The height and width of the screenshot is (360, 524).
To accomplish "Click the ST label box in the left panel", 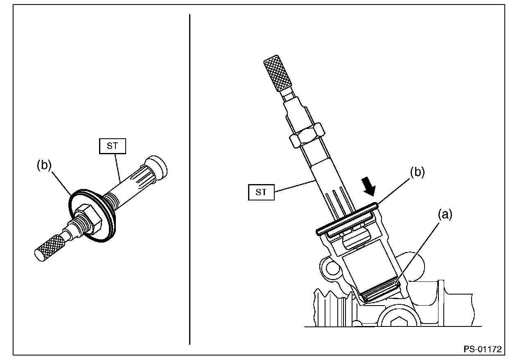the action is (x=112, y=146).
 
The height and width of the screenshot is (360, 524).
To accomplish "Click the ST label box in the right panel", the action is (x=261, y=192).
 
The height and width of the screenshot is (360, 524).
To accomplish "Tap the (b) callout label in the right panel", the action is (x=417, y=172).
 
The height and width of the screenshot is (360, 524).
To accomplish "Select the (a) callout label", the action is (x=445, y=215).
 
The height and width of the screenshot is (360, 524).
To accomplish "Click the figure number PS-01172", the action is (x=483, y=349).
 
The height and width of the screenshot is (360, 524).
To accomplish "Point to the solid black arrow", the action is (x=368, y=187).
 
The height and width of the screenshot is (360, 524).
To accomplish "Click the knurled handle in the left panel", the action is (x=50, y=248).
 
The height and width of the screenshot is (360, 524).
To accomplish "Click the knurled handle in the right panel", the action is (x=278, y=73).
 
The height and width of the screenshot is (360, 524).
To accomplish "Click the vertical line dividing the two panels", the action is (x=190, y=179).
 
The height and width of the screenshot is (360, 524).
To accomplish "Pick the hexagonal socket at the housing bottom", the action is (x=399, y=322).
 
